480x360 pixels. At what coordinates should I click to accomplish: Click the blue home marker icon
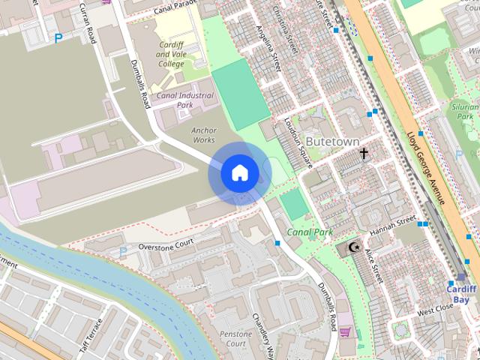[x=238, y=173]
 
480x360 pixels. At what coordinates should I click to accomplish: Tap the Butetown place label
[x=332, y=141]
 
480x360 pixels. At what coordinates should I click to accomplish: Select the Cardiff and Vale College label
[x=170, y=54]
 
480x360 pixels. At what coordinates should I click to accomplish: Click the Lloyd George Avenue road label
[x=425, y=169]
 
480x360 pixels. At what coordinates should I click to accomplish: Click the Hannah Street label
[x=392, y=223]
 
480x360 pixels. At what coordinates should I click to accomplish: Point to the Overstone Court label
[x=166, y=244]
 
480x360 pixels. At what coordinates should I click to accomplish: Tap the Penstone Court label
[x=232, y=338]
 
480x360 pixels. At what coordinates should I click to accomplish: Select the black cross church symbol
[x=364, y=154]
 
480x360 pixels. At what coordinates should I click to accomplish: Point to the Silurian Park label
[x=465, y=112]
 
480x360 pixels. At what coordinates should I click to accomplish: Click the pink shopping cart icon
[x=345, y=331]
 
